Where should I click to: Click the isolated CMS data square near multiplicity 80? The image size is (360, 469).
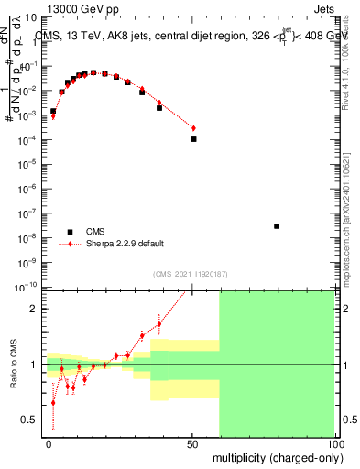click(277, 225)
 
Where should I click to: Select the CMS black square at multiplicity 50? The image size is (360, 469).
click(193, 139)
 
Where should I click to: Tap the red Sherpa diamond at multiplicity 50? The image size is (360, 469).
click(193, 127)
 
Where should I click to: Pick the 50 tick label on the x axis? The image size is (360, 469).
click(191, 443)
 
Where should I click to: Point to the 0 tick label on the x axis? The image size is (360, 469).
click(49, 443)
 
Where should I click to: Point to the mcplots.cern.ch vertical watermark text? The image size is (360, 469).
click(353, 220)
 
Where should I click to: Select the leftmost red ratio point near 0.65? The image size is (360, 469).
click(53, 402)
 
